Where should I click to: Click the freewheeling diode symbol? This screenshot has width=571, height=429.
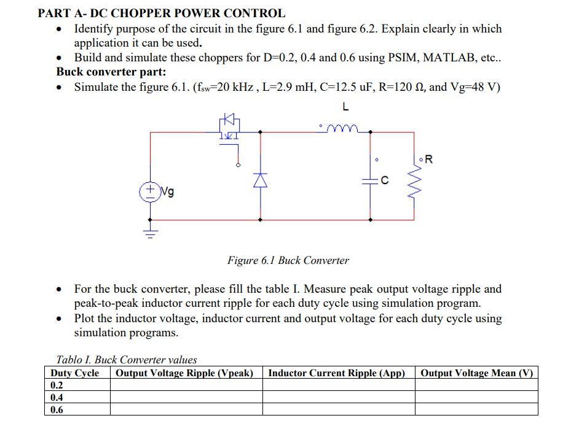tap(261, 179)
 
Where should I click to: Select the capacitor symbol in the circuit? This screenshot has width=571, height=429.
tap(370, 180)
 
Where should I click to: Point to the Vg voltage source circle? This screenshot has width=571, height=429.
tap(150, 191)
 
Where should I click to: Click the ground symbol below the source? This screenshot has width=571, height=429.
tap(150, 233)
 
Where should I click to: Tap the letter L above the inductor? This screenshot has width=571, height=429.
tap(345, 107)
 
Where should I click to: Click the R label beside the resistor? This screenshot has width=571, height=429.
tap(428, 160)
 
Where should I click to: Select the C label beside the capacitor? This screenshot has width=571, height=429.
tap(385, 180)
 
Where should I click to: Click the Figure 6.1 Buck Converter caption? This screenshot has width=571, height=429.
tap(288, 260)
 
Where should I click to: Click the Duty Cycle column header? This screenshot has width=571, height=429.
tap(75, 373)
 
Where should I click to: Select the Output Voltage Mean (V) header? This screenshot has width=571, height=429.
tap(476, 373)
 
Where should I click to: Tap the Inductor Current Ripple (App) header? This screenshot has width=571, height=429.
tap(337, 373)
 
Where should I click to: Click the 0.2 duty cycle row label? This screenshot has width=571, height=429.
tap(57, 385)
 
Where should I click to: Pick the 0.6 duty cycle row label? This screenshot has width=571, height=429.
tap(57, 409)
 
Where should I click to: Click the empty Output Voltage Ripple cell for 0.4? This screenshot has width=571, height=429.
tap(186, 397)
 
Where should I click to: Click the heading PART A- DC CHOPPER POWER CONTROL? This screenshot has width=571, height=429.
tap(162, 13)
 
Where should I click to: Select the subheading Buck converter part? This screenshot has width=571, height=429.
tap(111, 72)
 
